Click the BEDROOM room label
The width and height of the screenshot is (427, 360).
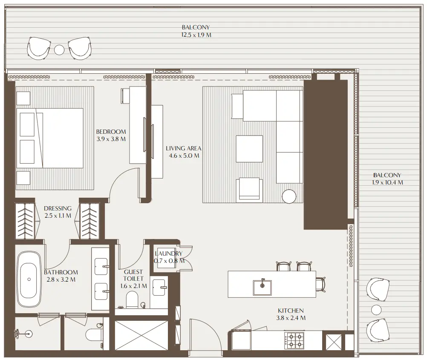coord(111,132)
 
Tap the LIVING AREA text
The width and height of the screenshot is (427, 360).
coord(183,148)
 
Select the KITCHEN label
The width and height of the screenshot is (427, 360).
coord(291,311)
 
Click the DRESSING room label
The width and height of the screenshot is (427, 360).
coord(58,208)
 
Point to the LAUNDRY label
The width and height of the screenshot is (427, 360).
coord(169,253)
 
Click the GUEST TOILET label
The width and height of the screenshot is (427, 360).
coord(133,275)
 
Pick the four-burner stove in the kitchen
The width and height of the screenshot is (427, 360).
coord(294,340)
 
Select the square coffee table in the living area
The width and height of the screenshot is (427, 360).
coord(249,148)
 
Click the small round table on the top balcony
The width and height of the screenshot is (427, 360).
coord(59,50)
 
